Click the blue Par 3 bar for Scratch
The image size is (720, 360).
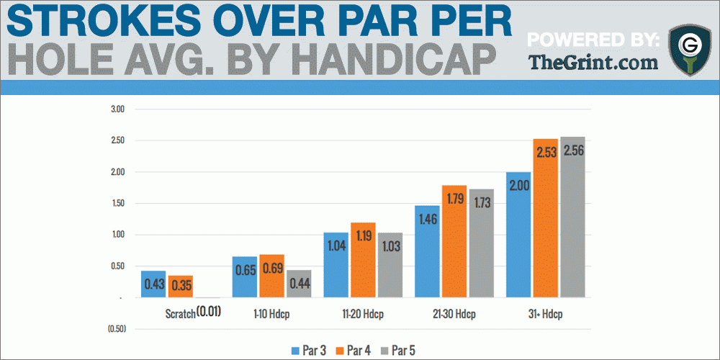click(153, 284)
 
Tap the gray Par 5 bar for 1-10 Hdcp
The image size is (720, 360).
click(300, 284)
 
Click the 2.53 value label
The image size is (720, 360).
click(546, 152)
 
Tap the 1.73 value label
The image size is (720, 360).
click(482, 202)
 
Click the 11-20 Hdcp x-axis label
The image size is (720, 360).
click(364, 315)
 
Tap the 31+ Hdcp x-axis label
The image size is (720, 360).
click(546, 315)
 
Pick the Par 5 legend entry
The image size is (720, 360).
click(397, 351)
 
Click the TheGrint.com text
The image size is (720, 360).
click(593, 62)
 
